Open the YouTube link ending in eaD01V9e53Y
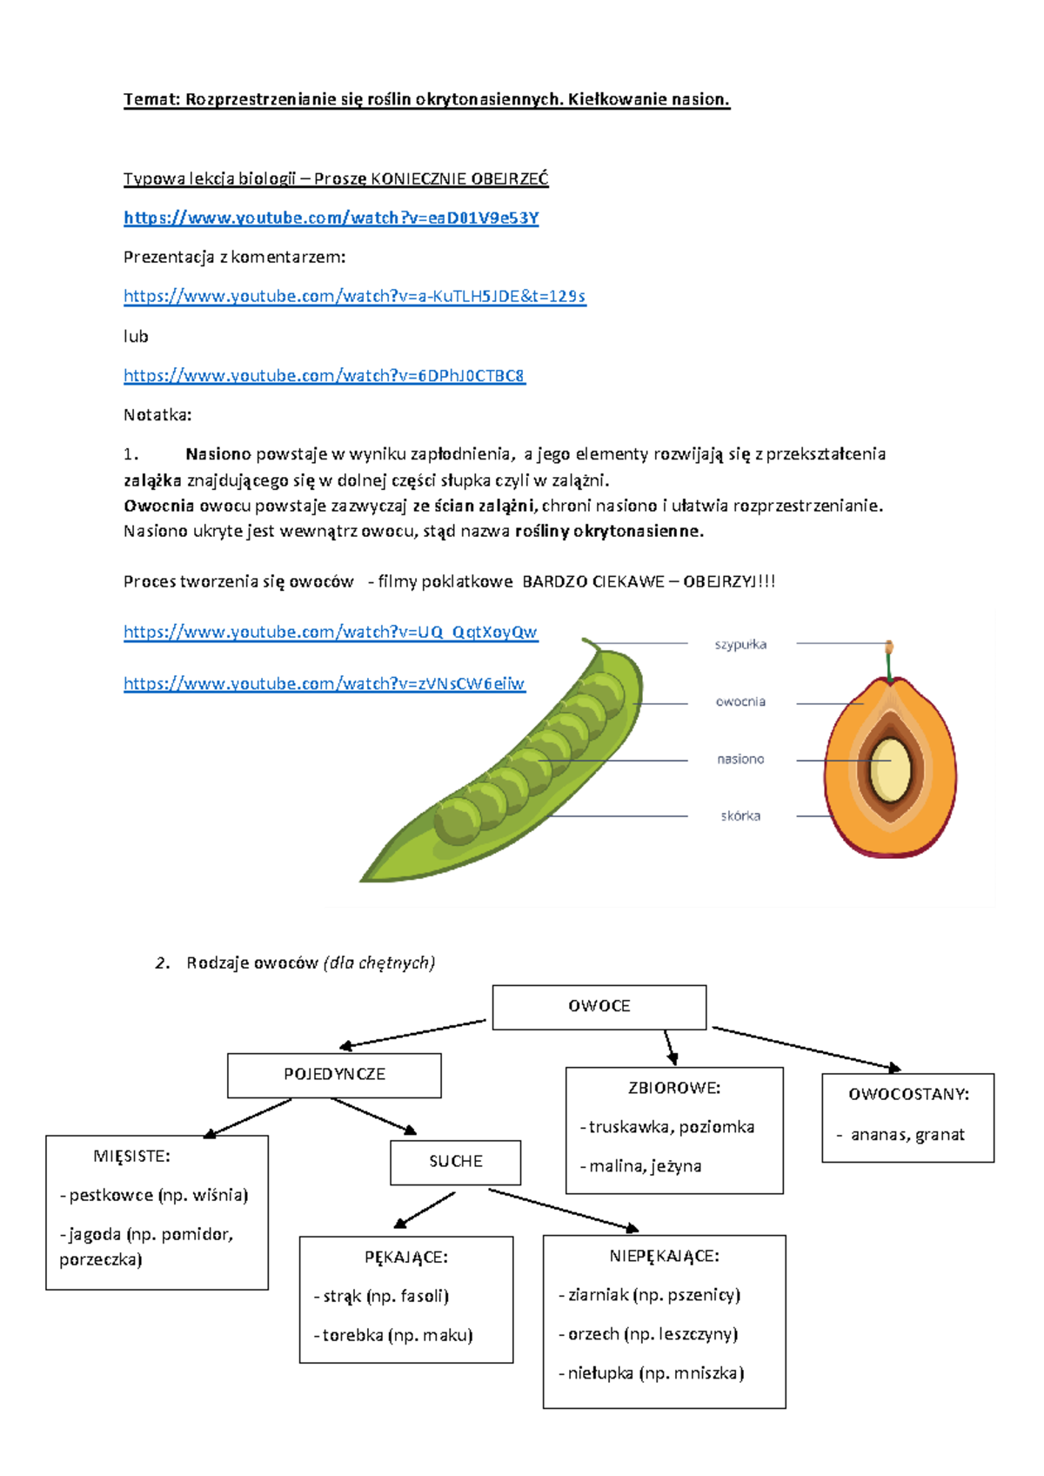pos(331,218)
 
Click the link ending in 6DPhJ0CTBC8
pos(324,376)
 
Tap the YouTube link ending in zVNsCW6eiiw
pos(324,684)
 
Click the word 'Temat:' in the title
pos(151,99)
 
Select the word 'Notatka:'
pos(157,415)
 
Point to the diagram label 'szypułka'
pos(740,644)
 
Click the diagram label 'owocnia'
pos(740,701)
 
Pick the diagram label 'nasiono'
pos(740,759)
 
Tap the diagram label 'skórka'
pos(740,815)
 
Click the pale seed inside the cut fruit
pos(891,769)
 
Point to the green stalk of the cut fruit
pos(889,667)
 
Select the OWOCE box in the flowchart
pos(599,1007)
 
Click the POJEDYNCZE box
pos(335,1075)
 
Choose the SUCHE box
pos(456,1162)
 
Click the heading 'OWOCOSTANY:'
pos(908,1095)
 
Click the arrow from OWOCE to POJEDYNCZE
pos(412,1034)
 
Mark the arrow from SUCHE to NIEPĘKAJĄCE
pos(563,1210)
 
